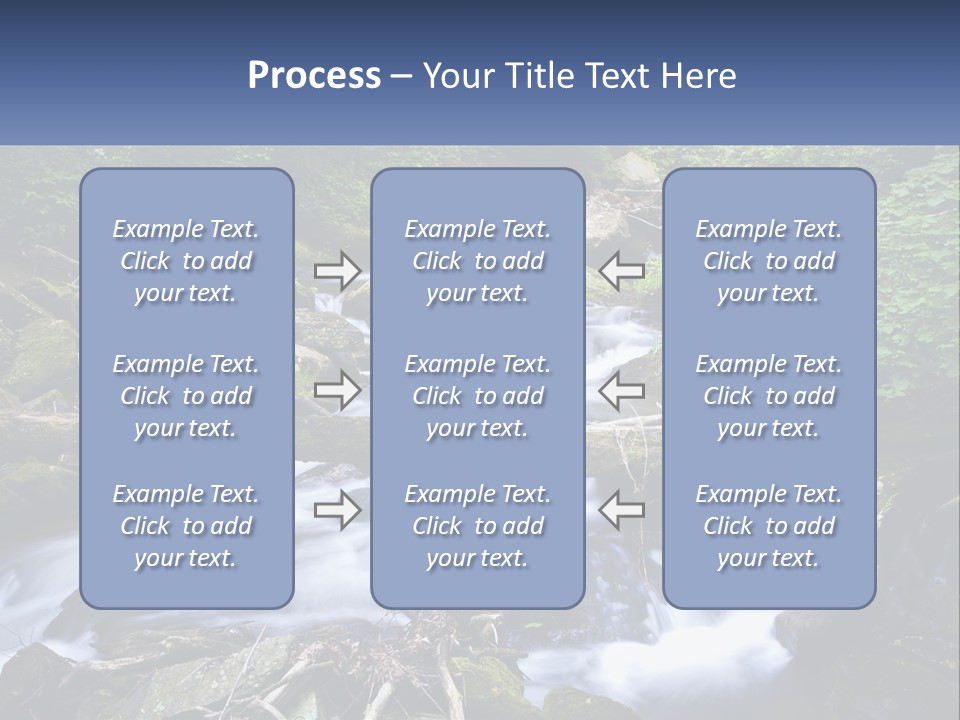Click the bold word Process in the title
pyautogui.click(x=314, y=76)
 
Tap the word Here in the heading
pyautogui.click(x=698, y=76)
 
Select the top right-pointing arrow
pyautogui.click(x=337, y=270)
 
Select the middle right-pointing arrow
pyautogui.click(x=337, y=391)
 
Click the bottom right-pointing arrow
pyautogui.click(x=337, y=510)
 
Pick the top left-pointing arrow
pyautogui.click(x=621, y=270)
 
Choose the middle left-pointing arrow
pyautogui.click(x=621, y=391)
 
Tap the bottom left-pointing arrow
pyautogui.click(x=621, y=510)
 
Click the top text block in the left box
pyautogui.click(x=186, y=261)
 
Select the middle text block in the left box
pyautogui.click(x=186, y=396)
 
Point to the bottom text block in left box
pyautogui.click(x=186, y=526)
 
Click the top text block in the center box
pyautogui.click(x=477, y=261)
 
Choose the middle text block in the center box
pyautogui.click(x=477, y=396)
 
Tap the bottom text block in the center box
pyautogui.click(x=477, y=526)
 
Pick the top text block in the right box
pyautogui.click(x=768, y=261)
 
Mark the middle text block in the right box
pyautogui.click(x=768, y=396)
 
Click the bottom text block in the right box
pyautogui.click(x=768, y=526)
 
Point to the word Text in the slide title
pyautogui.click(x=616, y=76)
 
